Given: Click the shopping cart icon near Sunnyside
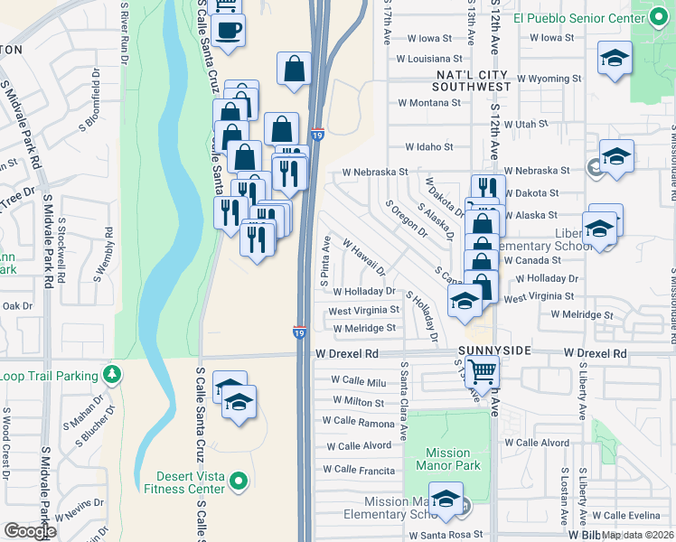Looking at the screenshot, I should point(484,369).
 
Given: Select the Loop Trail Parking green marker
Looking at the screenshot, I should point(112,372).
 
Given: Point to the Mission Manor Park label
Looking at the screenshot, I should point(448,460).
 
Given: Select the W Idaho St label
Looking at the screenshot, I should point(428,146).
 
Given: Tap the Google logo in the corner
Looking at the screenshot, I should point(29,530).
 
